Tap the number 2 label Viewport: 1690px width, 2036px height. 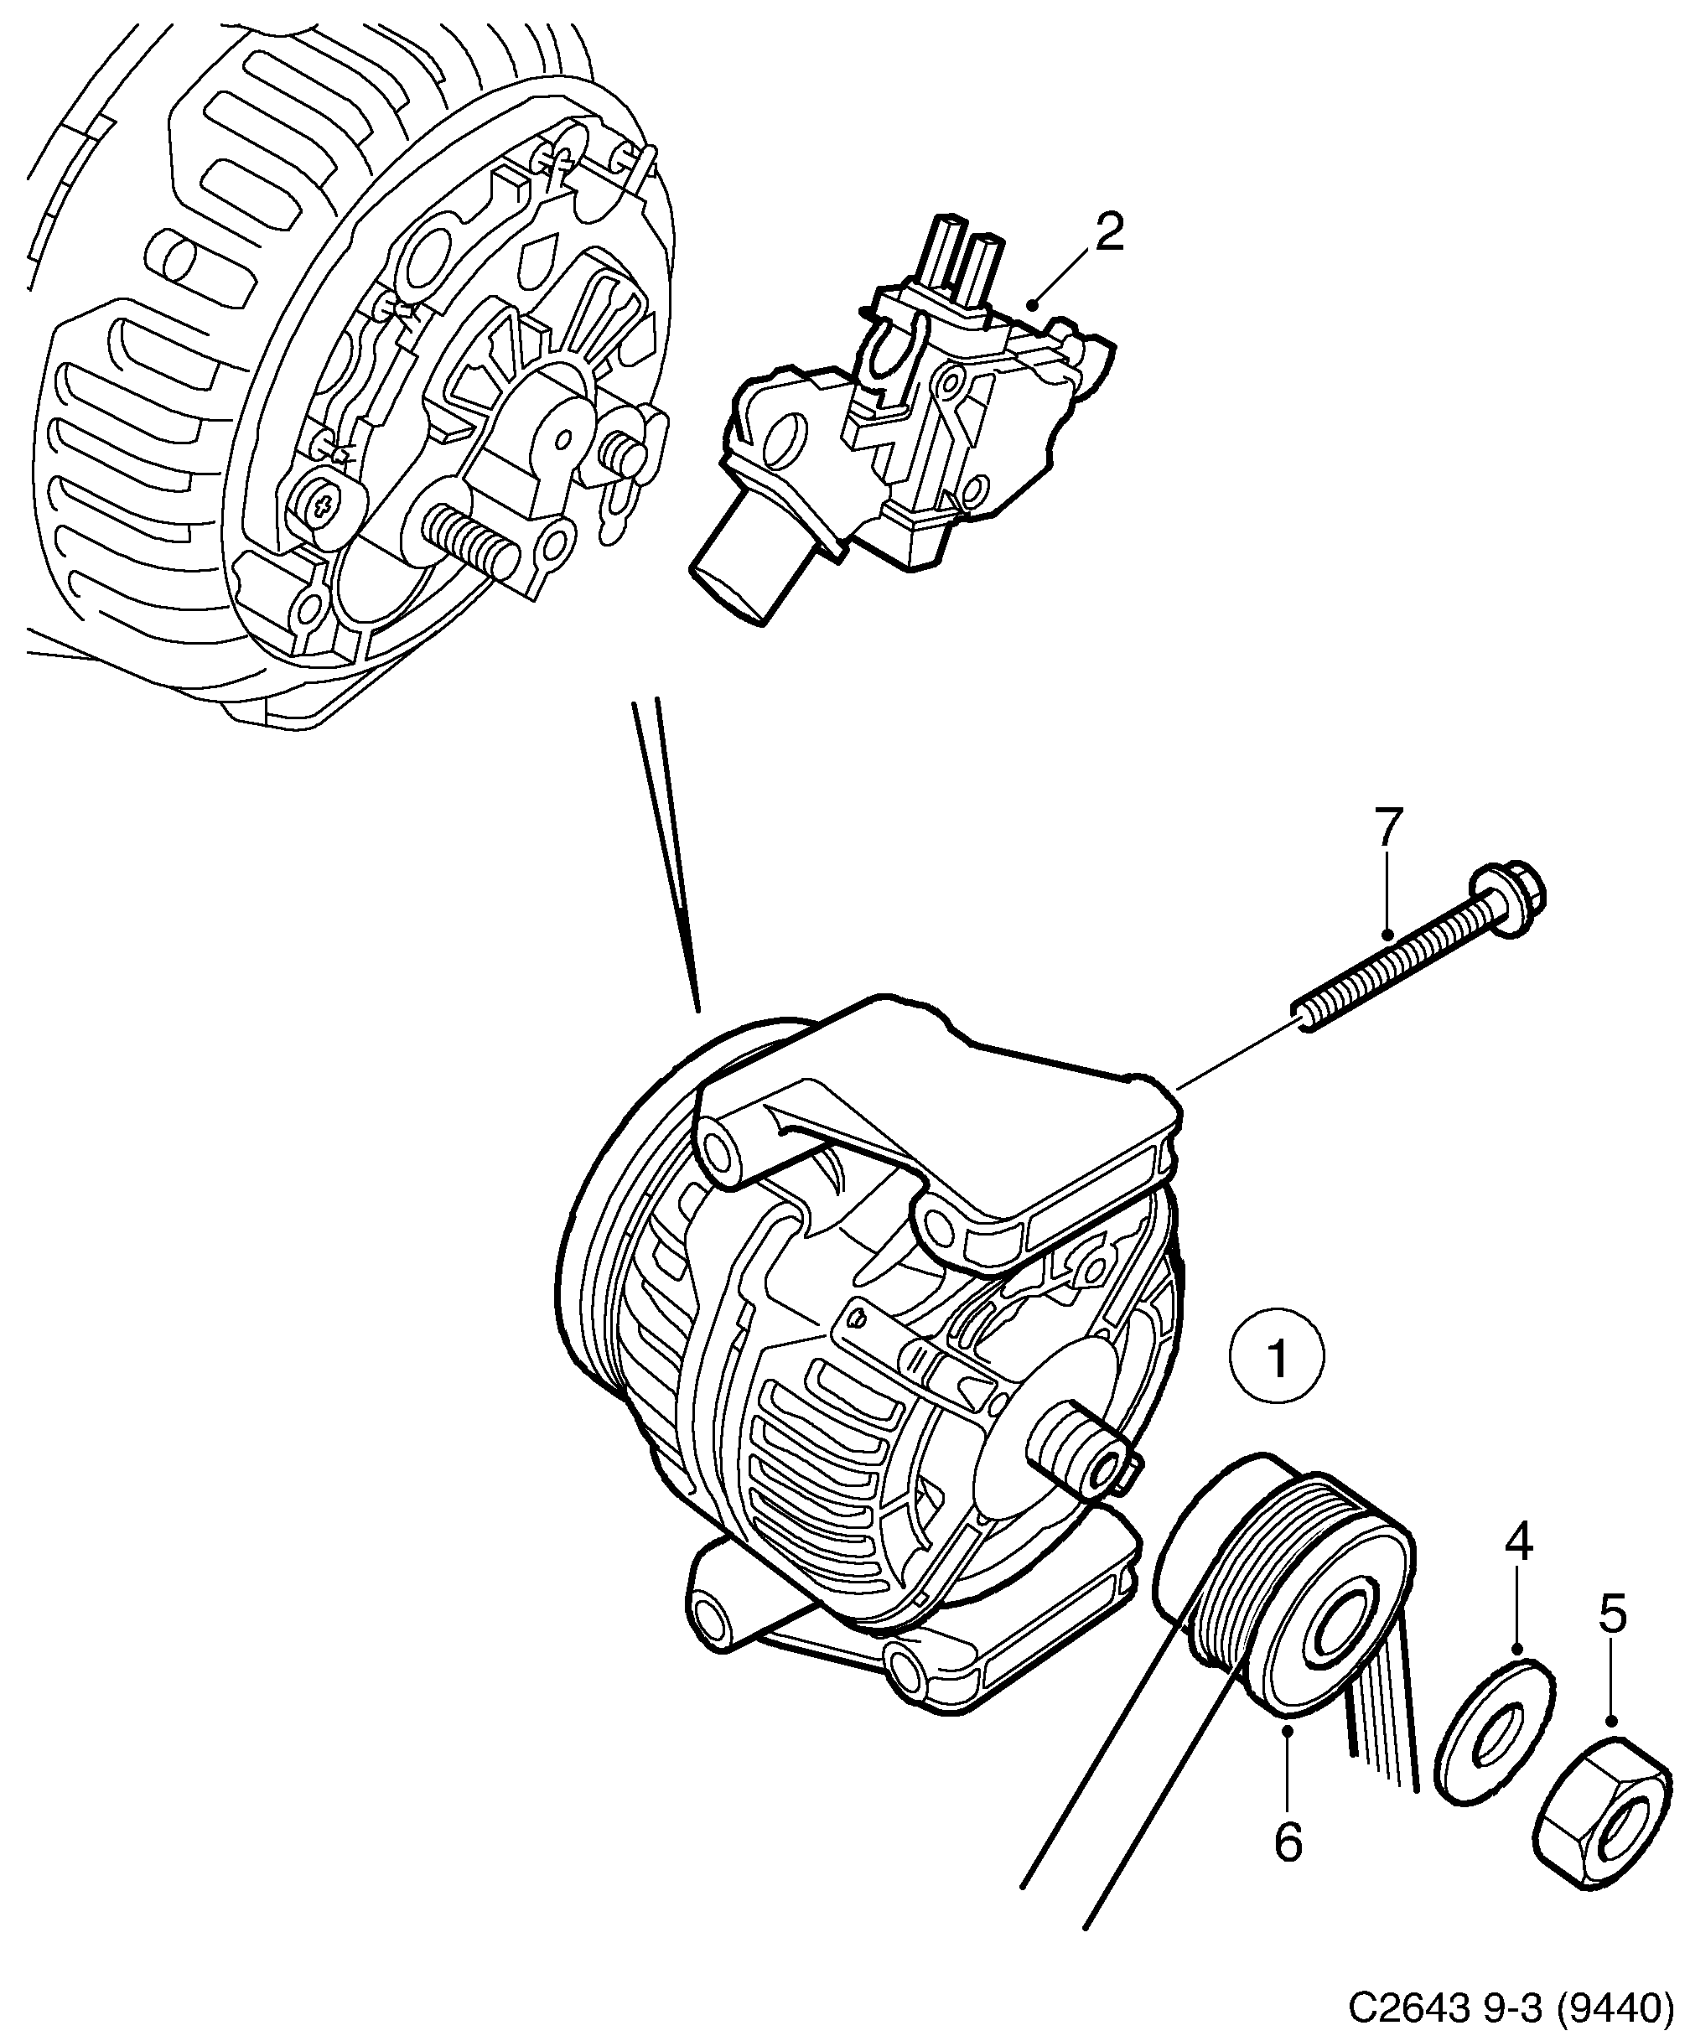click(1109, 234)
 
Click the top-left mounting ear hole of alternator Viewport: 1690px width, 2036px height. click(719, 1151)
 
